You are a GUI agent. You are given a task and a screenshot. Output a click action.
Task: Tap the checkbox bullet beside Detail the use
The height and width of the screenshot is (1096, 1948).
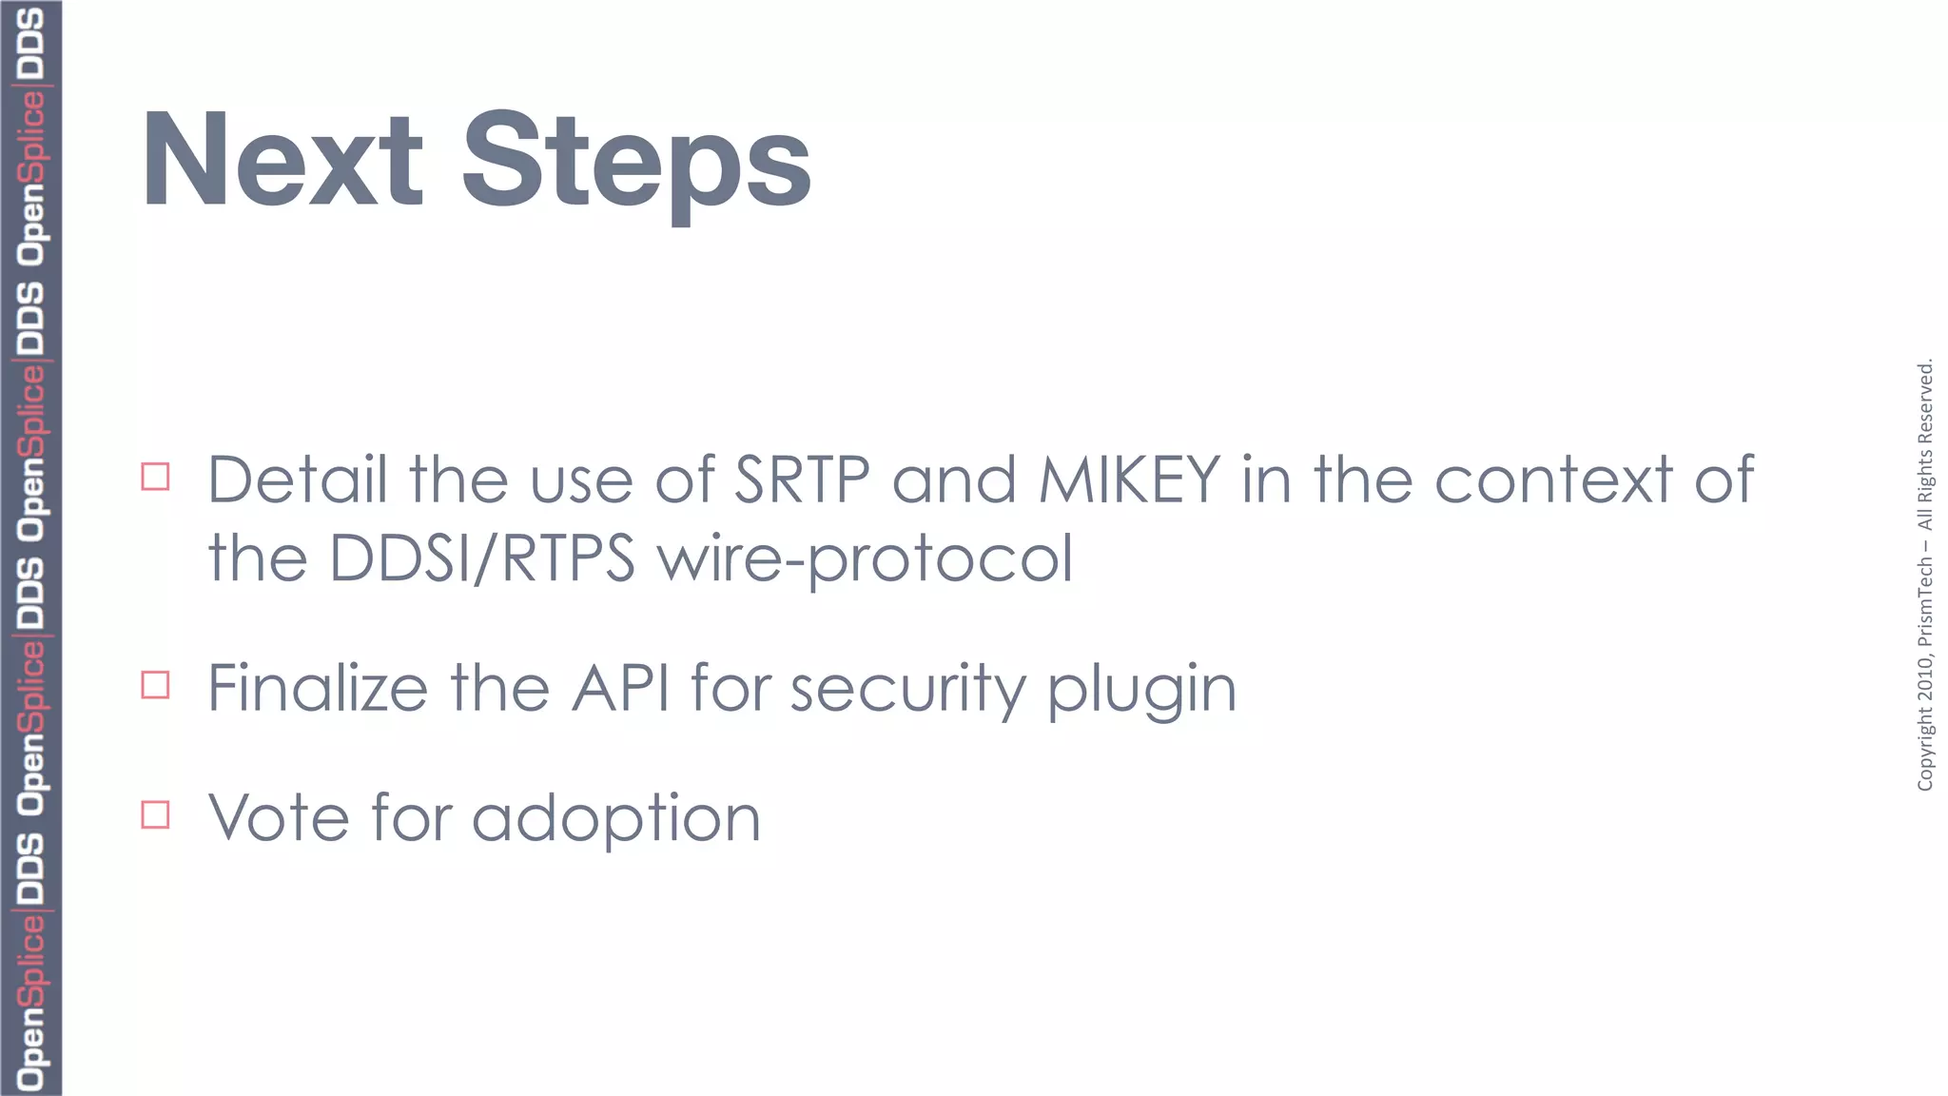click(x=155, y=477)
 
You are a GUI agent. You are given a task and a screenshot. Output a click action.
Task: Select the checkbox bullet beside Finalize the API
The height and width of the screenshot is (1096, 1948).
click(x=155, y=685)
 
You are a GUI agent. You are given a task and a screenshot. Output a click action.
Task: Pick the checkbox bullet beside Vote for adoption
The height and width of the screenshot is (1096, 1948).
click(x=155, y=815)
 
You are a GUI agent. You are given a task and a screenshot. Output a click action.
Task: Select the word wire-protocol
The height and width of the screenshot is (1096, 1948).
click(x=866, y=559)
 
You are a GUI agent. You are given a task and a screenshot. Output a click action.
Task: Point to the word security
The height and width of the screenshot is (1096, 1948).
click(x=908, y=689)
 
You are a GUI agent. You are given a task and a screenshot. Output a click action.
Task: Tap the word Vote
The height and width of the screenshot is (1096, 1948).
click(x=279, y=817)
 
